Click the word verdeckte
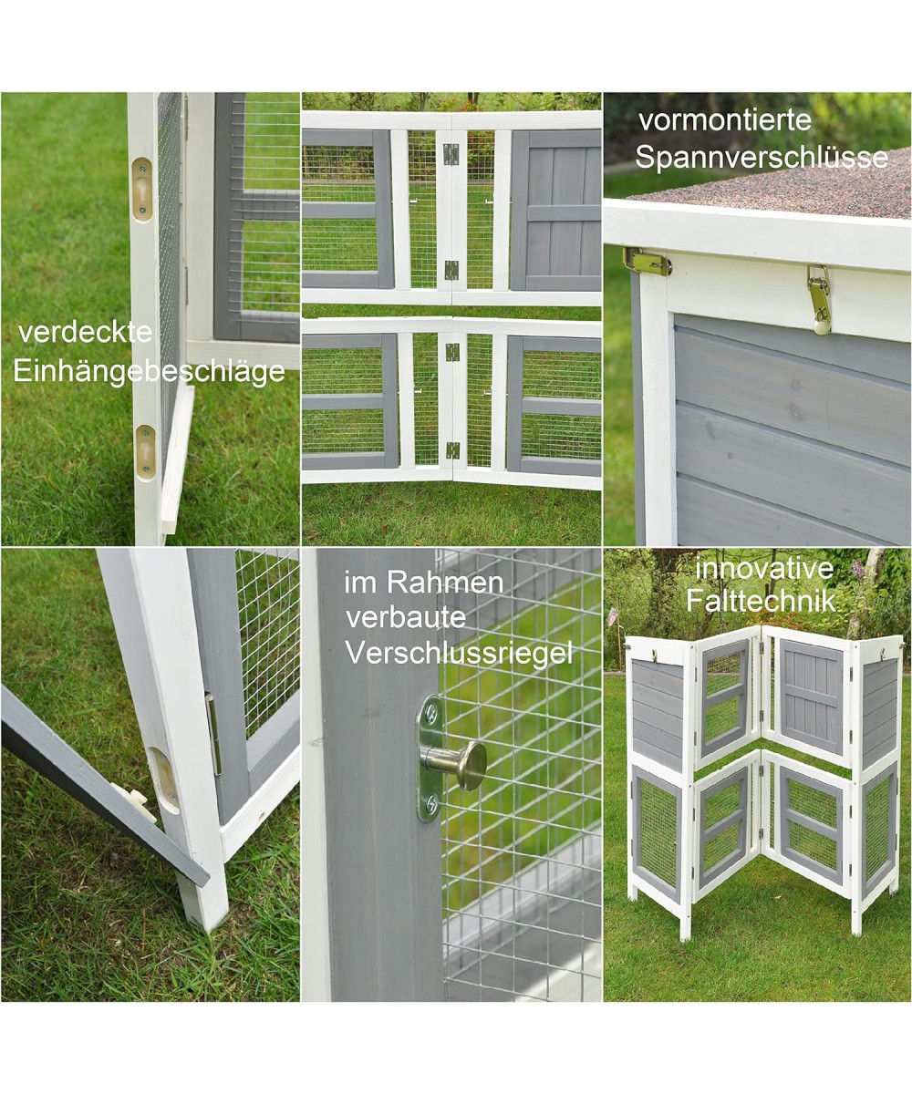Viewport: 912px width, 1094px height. [85, 334]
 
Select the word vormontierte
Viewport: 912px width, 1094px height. [725, 120]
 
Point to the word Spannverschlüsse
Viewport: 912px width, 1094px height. [762, 157]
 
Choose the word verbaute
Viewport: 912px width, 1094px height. [406, 618]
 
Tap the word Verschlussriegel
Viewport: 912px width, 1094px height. [459, 654]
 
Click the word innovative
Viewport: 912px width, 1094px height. [764, 569]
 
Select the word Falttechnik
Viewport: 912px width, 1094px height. [761, 601]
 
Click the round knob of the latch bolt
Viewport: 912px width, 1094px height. [472, 766]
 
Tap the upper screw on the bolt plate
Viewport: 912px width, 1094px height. [433, 711]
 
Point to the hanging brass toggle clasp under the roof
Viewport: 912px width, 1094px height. [819, 300]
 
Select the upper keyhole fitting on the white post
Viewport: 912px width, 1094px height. [141, 189]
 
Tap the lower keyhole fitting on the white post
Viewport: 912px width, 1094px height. [145, 453]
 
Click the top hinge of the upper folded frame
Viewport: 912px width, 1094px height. [451, 154]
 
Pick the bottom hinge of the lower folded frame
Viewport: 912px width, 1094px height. [451, 450]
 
